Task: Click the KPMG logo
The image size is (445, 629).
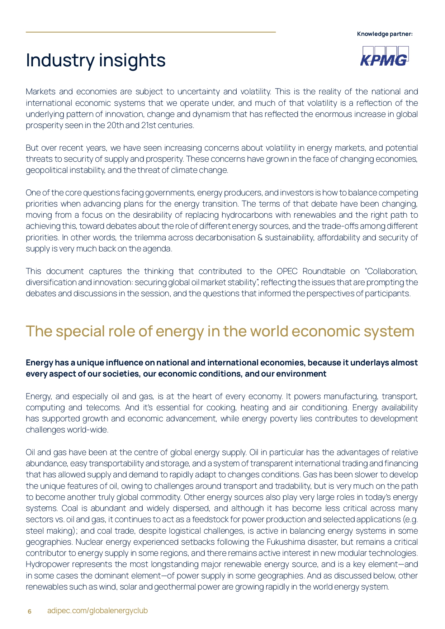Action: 384,57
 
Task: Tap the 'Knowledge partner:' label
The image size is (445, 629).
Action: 385,34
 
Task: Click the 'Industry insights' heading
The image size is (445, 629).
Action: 96,60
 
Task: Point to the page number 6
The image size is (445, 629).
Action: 29,611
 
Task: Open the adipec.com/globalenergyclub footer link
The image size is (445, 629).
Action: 98,611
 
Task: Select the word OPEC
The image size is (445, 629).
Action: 287,271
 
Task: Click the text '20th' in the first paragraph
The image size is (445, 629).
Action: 115,126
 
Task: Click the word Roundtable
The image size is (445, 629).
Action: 324,271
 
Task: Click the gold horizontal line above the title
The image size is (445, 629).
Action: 151,32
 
